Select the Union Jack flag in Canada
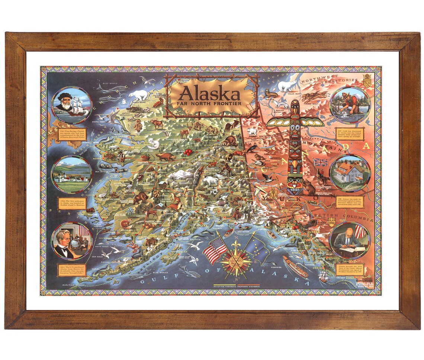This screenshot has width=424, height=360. pos(320,162)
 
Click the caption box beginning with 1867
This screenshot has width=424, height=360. pos(70,272)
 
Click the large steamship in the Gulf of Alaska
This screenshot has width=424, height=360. pos(295,266)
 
